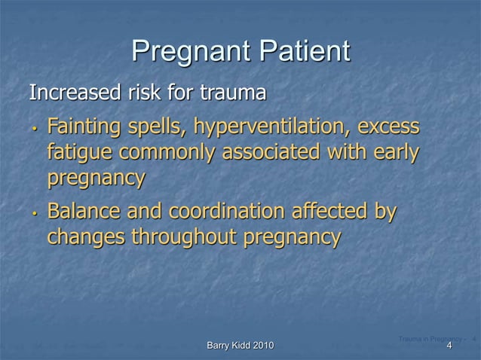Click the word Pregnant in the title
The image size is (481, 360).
(x=190, y=51)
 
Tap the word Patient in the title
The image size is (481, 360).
(x=303, y=51)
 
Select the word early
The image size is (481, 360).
(x=391, y=152)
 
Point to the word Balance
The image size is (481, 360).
(x=87, y=211)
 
